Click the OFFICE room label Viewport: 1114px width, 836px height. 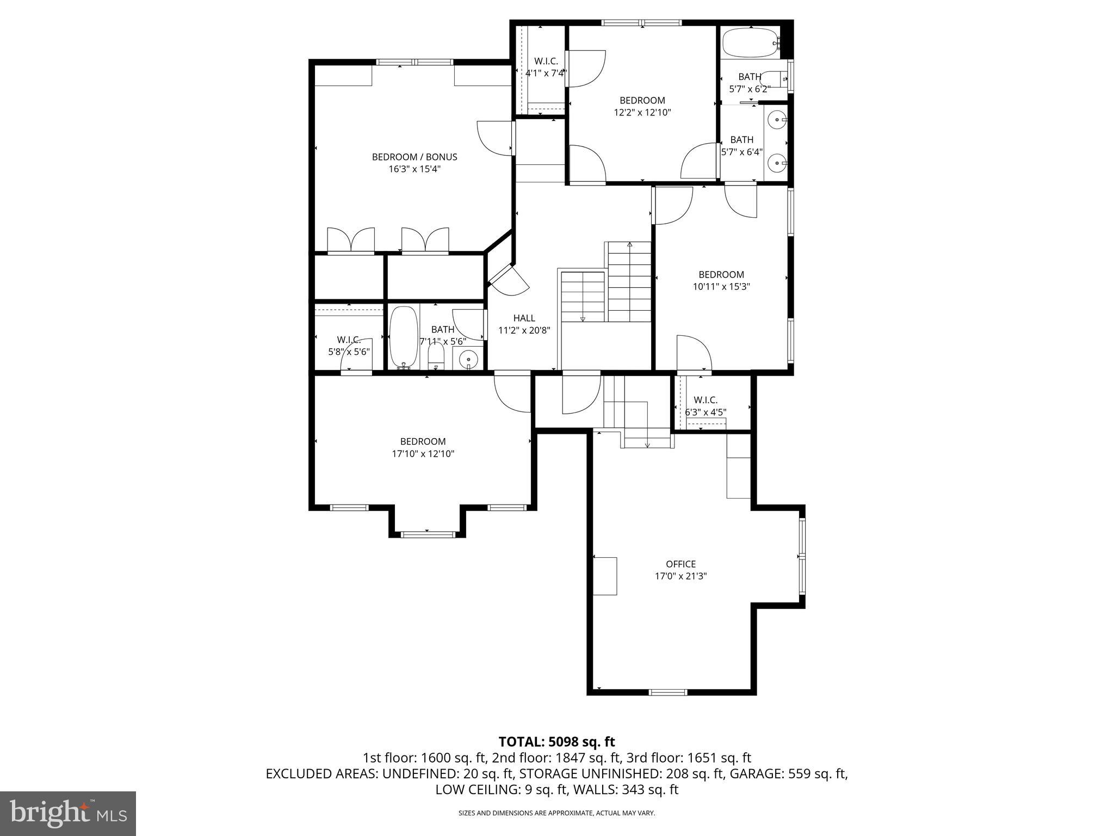680,564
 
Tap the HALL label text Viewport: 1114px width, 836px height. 524,318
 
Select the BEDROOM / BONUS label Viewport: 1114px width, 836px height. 414,157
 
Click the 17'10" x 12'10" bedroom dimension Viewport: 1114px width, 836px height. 423,454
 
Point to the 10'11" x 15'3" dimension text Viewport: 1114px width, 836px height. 721,287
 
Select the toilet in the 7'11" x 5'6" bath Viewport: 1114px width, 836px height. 436,357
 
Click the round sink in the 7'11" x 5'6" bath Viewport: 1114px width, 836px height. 468,359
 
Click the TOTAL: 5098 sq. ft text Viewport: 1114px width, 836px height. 556,741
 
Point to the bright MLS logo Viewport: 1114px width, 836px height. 68,813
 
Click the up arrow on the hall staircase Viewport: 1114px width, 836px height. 629,245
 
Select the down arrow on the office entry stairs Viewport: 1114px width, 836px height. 647,444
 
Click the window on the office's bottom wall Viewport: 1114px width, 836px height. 668,692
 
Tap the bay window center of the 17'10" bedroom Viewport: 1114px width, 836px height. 427,534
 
